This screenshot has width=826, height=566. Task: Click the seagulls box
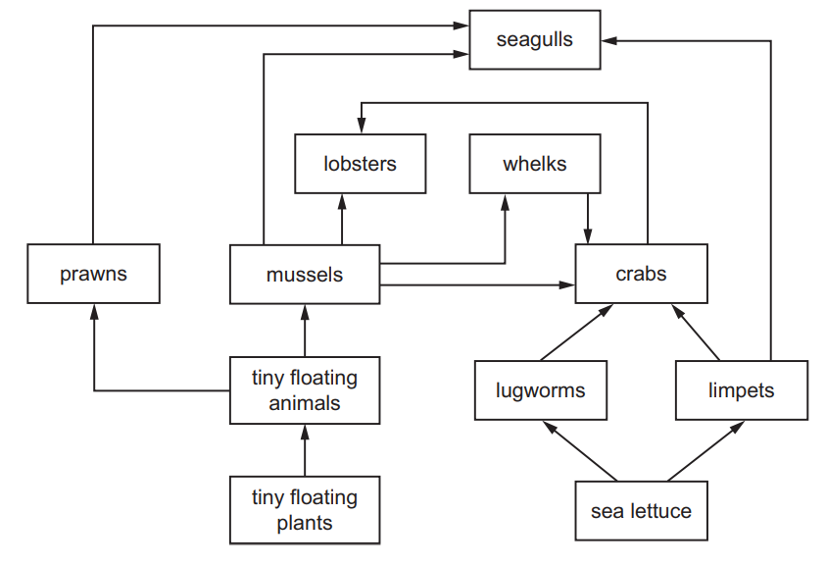click(534, 40)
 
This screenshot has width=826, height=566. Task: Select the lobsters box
click(361, 164)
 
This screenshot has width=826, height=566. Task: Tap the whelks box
click(535, 164)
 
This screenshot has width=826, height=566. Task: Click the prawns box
click(93, 274)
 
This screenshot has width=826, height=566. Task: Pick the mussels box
click(305, 275)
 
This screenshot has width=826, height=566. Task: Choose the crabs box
click(641, 274)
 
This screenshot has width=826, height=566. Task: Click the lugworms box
click(540, 390)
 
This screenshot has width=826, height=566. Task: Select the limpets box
click(741, 390)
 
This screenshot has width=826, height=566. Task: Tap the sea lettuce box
click(641, 510)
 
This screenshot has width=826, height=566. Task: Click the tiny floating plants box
click(305, 510)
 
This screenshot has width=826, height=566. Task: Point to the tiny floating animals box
click(305, 390)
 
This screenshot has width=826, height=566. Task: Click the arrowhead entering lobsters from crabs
click(361, 127)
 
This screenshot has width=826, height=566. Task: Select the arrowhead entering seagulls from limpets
click(607, 40)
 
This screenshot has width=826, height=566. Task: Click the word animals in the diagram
click(305, 403)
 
